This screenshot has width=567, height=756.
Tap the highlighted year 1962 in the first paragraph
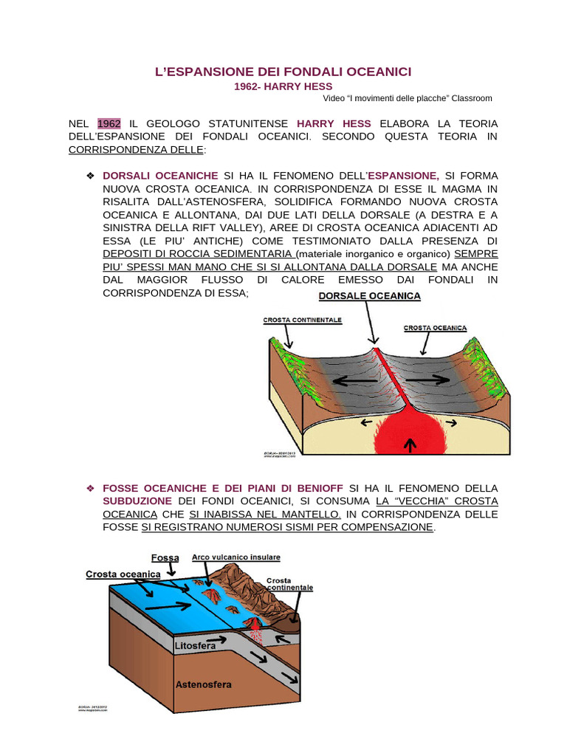point(109,123)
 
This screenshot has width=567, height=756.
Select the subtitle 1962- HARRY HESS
point(283,86)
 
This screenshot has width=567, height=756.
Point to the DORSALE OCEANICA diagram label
point(369,296)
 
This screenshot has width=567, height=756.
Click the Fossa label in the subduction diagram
point(165,558)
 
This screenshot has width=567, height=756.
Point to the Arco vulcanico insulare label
point(236,557)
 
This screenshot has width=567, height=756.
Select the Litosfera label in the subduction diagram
point(195,646)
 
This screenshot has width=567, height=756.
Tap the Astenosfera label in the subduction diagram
point(203,684)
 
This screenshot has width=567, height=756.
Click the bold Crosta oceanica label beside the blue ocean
point(123,574)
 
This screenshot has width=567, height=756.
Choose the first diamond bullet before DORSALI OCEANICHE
point(90,176)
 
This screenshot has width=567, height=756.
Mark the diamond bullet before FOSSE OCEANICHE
point(90,489)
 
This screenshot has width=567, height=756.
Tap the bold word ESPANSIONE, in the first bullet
point(403,176)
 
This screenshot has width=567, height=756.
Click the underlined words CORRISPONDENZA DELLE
point(136,150)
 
